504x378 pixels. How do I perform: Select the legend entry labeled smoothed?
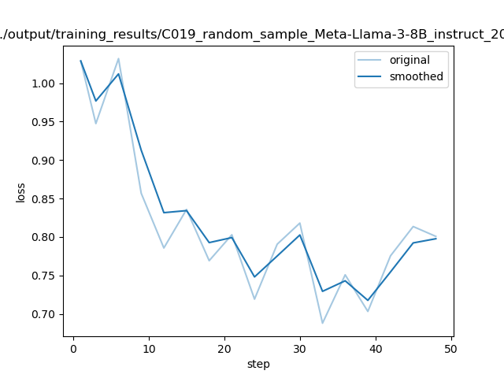click(x=415, y=77)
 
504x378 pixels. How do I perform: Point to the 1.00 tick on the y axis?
click(x=47, y=83)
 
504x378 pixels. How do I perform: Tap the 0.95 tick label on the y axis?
click(x=47, y=122)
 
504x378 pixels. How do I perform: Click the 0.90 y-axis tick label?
click(x=47, y=161)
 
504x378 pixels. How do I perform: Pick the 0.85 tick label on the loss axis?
click(x=47, y=199)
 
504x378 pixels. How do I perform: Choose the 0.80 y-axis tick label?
click(x=47, y=237)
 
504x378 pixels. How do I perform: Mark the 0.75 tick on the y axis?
click(x=47, y=276)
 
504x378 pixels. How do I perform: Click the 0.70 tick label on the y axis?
click(x=47, y=314)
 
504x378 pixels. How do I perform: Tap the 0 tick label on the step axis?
click(x=73, y=347)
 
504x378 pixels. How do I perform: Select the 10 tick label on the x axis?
click(x=149, y=347)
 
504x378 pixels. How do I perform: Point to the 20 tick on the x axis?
click(x=224, y=347)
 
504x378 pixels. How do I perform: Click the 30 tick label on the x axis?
click(x=300, y=347)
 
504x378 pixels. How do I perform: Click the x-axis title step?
click(x=258, y=364)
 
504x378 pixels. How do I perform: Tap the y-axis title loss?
click(x=21, y=192)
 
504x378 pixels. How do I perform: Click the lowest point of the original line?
click(x=322, y=323)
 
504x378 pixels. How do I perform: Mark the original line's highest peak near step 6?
click(x=118, y=58)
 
